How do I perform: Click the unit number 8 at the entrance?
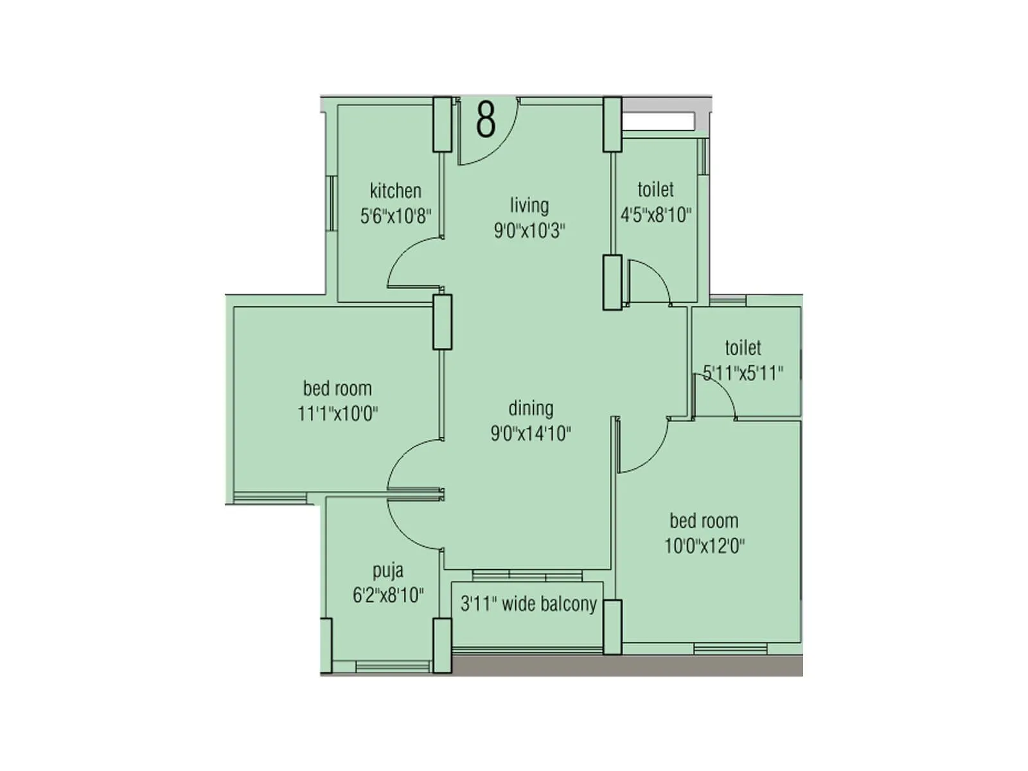pos(486,120)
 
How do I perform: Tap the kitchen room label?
pos(395,191)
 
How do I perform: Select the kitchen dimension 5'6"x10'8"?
pos(395,216)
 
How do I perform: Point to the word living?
pos(529,206)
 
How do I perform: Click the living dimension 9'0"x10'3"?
pos(529,230)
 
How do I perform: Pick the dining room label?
pos(531,409)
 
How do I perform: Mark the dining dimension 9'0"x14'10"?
pos(531,434)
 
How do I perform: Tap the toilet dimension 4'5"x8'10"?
pos(656,215)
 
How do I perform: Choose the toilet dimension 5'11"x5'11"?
pos(743,373)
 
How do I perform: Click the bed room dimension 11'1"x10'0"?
pos(337,414)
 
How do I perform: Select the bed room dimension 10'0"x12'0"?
pos(704,546)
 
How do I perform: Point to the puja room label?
pos(388,571)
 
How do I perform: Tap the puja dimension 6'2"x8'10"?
pos(388,596)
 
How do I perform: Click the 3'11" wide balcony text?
pos(529,605)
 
